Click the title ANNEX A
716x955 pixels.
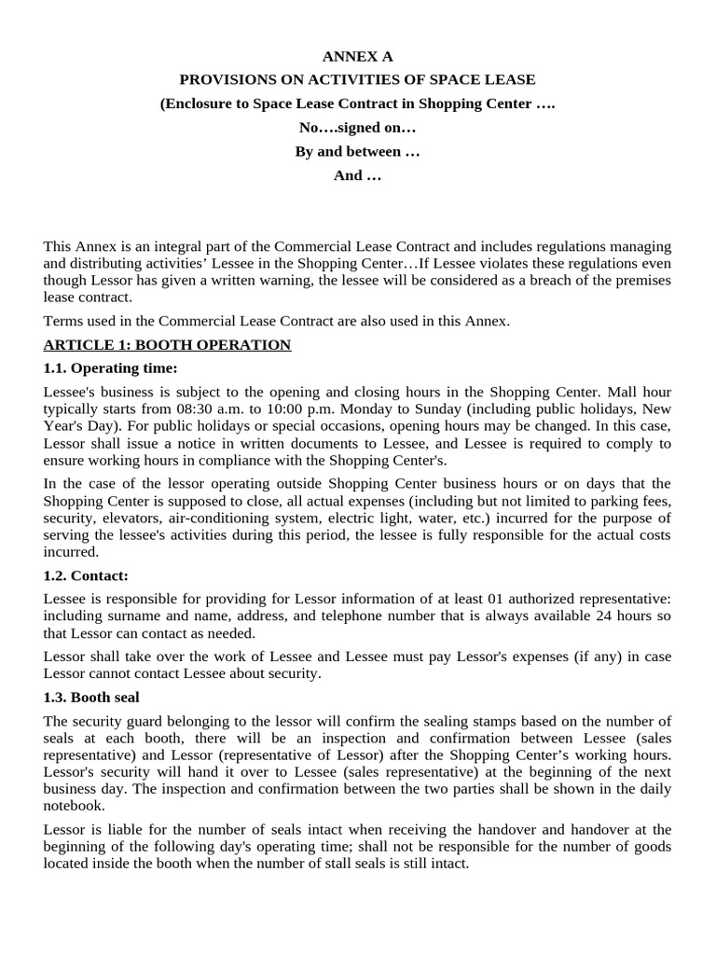(x=358, y=56)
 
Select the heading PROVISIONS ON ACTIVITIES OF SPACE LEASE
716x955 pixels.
(x=358, y=79)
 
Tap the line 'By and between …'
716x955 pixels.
(x=358, y=151)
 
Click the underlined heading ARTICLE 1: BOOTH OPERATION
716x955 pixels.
(x=167, y=345)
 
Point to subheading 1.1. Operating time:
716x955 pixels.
(x=110, y=368)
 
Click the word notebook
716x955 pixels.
(x=75, y=805)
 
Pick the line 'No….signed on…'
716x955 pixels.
(x=358, y=128)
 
